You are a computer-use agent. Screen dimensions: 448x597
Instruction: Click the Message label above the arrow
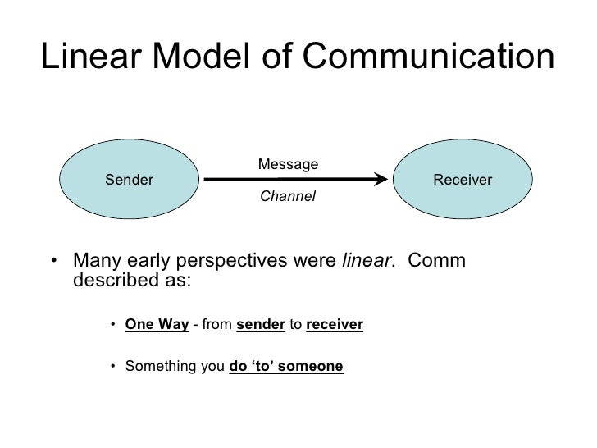coord(288,165)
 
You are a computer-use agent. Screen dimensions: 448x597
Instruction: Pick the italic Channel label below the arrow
coord(287,198)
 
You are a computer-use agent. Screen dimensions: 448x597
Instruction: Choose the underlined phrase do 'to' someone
coord(286,367)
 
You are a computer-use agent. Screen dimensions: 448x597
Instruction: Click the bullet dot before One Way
coord(112,324)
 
